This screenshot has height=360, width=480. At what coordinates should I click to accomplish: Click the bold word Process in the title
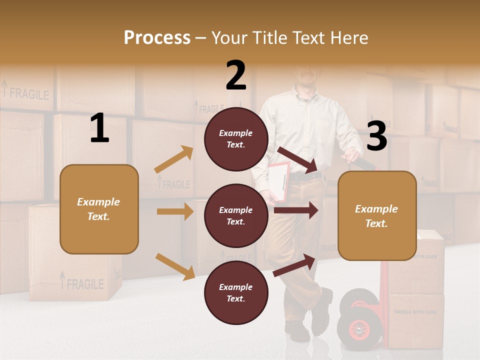point(157,37)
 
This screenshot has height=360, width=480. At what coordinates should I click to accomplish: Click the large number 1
point(99,128)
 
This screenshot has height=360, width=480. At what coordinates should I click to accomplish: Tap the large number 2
point(236,75)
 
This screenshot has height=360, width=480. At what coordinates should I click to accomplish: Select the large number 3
point(376,136)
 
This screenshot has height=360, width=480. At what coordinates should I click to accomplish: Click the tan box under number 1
point(99,209)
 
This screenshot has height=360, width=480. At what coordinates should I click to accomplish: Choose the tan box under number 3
point(377,216)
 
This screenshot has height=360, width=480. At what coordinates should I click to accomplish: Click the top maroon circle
point(236,139)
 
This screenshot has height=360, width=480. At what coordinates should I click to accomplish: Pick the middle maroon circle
point(236,216)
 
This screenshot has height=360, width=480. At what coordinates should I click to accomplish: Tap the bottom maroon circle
point(236,292)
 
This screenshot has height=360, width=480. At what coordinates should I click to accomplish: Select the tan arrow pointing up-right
point(174,159)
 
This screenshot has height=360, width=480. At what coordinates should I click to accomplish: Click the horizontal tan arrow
point(175,211)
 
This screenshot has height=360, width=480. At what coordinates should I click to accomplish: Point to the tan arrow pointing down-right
point(175,266)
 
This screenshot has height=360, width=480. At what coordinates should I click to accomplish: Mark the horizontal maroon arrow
point(296,210)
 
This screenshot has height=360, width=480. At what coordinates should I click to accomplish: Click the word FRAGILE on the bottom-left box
point(85,284)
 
